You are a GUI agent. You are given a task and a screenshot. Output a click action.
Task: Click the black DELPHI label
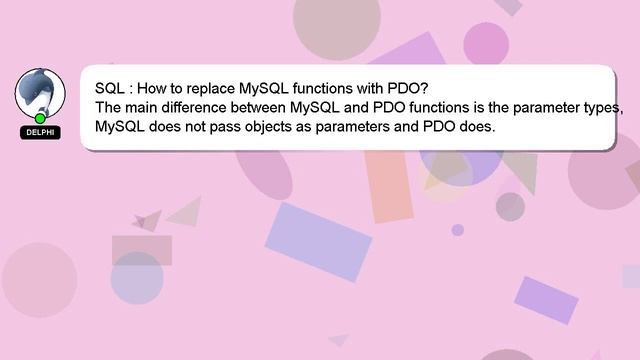coord(40,132)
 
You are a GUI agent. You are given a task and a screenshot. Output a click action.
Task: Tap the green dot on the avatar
coord(40,119)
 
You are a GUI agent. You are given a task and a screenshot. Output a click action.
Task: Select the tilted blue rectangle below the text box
coord(318,242)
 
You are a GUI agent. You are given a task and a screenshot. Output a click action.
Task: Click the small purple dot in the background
coord(458,230)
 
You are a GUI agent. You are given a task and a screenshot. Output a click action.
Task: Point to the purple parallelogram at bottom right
coord(546,300)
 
